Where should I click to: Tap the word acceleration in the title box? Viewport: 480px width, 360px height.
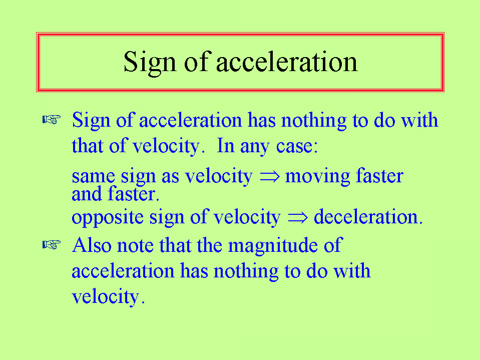click(287, 62)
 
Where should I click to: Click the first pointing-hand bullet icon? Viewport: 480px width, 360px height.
click(52, 119)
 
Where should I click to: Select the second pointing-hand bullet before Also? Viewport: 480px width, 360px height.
click(52, 245)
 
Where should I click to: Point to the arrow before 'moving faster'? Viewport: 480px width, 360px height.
click(269, 176)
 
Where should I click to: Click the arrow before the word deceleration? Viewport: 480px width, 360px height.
click(297, 217)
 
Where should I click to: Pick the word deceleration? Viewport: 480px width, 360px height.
click(368, 216)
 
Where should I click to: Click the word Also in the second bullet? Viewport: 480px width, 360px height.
click(92, 245)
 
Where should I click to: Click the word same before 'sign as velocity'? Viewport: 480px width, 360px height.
click(93, 177)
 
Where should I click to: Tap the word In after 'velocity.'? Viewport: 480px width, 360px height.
click(226, 145)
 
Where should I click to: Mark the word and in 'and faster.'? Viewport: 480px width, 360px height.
click(87, 194)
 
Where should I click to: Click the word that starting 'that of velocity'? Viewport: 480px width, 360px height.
click(87, 145)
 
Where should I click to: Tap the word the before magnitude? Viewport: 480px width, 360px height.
click(209, 245)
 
